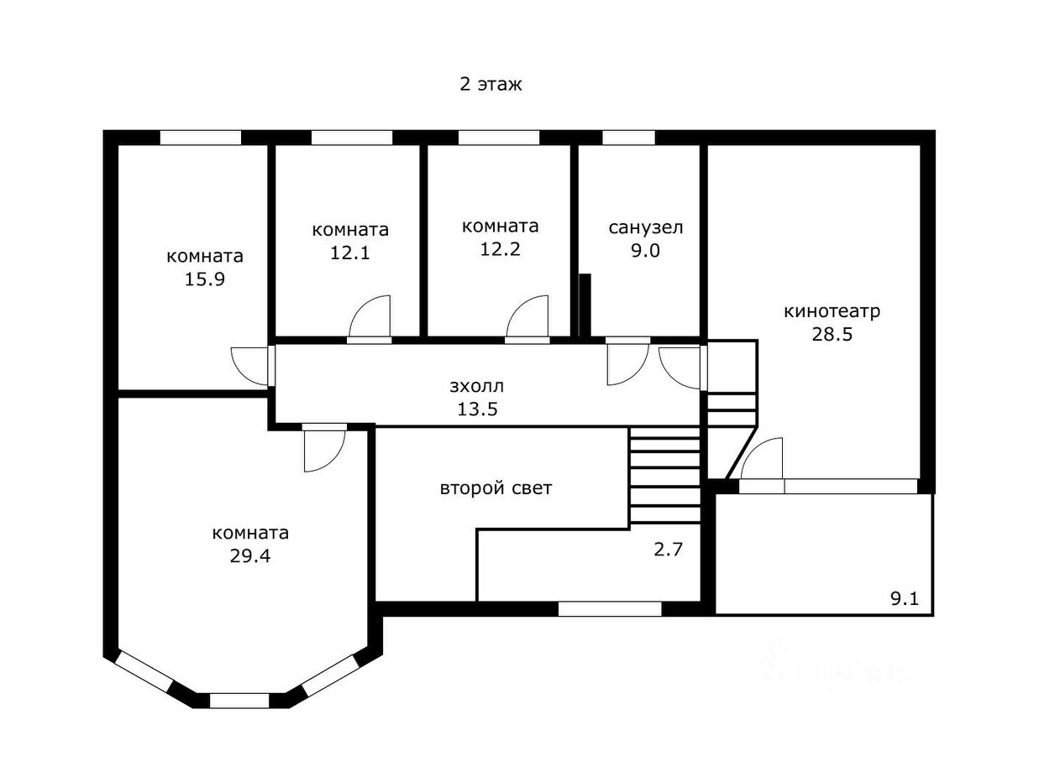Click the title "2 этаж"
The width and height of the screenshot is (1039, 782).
pyautogui.click(x=491, y=85)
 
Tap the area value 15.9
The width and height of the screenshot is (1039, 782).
pyautogui.click(x=204, y=279)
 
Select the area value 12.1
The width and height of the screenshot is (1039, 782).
pyautogui.click(x=349, y=253)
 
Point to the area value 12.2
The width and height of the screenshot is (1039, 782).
pyautogui.click(x=500, y=249)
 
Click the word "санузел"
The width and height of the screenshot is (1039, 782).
pyautogui.click(x=646, y=227)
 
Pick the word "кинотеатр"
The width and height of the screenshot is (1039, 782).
pyautogui.click(x=832, y=311)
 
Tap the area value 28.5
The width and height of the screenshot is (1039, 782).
pyautogui.click(x=832, y=334)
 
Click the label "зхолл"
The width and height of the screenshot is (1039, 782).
pyautogui.click(x=476, y=386)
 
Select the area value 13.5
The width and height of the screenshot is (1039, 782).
pyautogui.click(x=476, y=409)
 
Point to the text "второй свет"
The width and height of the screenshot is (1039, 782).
pyautogui.click(x=496, y=488)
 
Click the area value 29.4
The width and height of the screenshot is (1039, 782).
pyautogui.click(x=250, y=555)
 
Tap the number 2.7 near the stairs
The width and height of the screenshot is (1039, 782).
pyautogui.click(x=668, y=550)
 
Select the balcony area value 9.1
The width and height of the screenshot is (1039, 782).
pyautogui.click(x=905, y=599)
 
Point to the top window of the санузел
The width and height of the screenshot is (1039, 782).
pyautogui.click(x=628, y=138)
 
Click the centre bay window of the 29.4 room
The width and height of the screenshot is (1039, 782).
pyautogui.click(x=239, y=701)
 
